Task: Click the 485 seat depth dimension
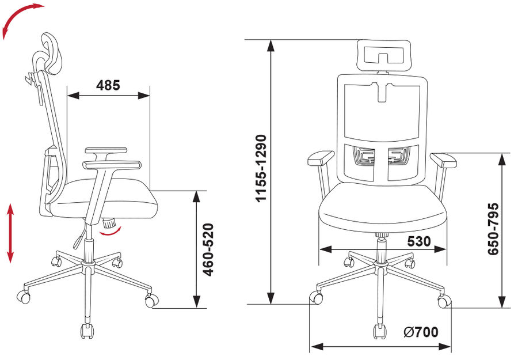(x=108, y=85)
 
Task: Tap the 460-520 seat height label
(x=208, y=249)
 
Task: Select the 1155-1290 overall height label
(x=261, y=168)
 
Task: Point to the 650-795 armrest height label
(x=493, y=229)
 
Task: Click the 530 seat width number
(x=419, y=241)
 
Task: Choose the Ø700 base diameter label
(x=421, y=332)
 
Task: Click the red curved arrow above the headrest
(x=20, y=17)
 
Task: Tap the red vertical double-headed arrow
(x=10, y=233)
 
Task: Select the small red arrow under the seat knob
(x=111, y=232)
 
